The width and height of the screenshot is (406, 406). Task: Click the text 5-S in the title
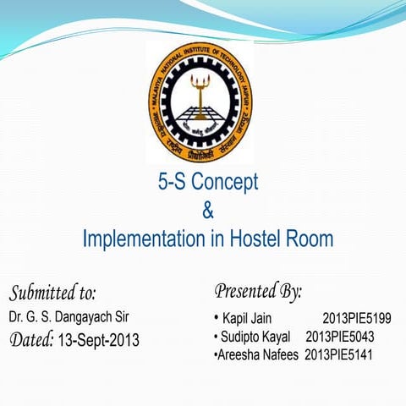point(174,182)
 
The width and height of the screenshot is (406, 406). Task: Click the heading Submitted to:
point(52,294)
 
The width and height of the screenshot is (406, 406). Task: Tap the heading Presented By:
point(258,292)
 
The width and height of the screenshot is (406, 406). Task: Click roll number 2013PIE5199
point(356,319)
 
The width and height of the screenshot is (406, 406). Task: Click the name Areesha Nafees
point(258,355)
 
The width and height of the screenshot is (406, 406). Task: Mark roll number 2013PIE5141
point(338,355)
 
